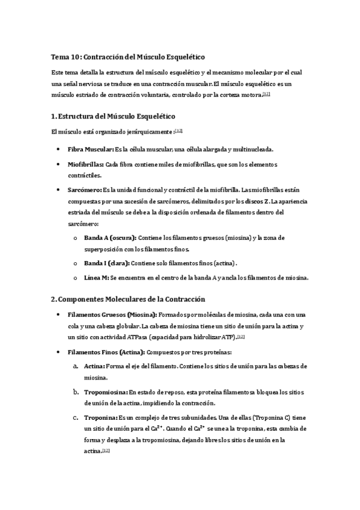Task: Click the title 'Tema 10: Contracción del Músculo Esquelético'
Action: coord(128,57)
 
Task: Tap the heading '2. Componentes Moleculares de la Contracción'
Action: coord(128,299)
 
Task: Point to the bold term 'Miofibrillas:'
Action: coord(86,164)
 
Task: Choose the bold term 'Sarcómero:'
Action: coord(84,190)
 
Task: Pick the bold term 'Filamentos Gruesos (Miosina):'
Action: coord(113,315)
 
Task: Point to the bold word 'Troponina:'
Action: coord(100,417)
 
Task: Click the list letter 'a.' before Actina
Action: coord(75,366)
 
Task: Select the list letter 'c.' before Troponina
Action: coord(75,417)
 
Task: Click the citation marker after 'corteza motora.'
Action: coord(266,94)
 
